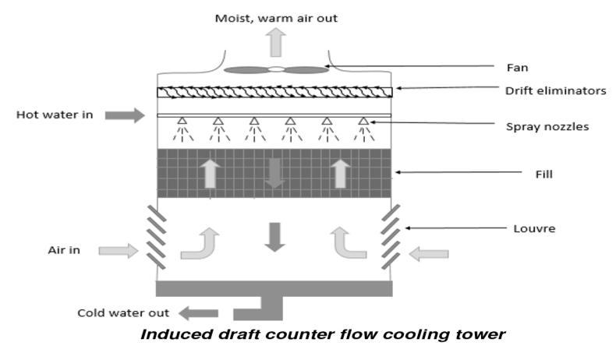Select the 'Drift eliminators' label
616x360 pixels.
click(554, 91)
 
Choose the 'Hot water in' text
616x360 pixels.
click(55, 115)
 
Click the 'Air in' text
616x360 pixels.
click(63, 250)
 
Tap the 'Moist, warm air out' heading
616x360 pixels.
click(277, 17)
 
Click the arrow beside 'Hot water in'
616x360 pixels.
click(125, 115)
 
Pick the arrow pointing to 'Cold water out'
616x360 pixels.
click(200, 313)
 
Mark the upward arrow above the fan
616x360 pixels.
click(276, 43)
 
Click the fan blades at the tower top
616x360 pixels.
click(276, 70)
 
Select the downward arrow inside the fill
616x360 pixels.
click(273, 173)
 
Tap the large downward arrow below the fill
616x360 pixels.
click(273, 236)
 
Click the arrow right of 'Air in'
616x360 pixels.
click(118, 250)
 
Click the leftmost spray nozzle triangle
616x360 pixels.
click(181, 121)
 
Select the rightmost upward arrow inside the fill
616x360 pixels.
click(339, 172)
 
